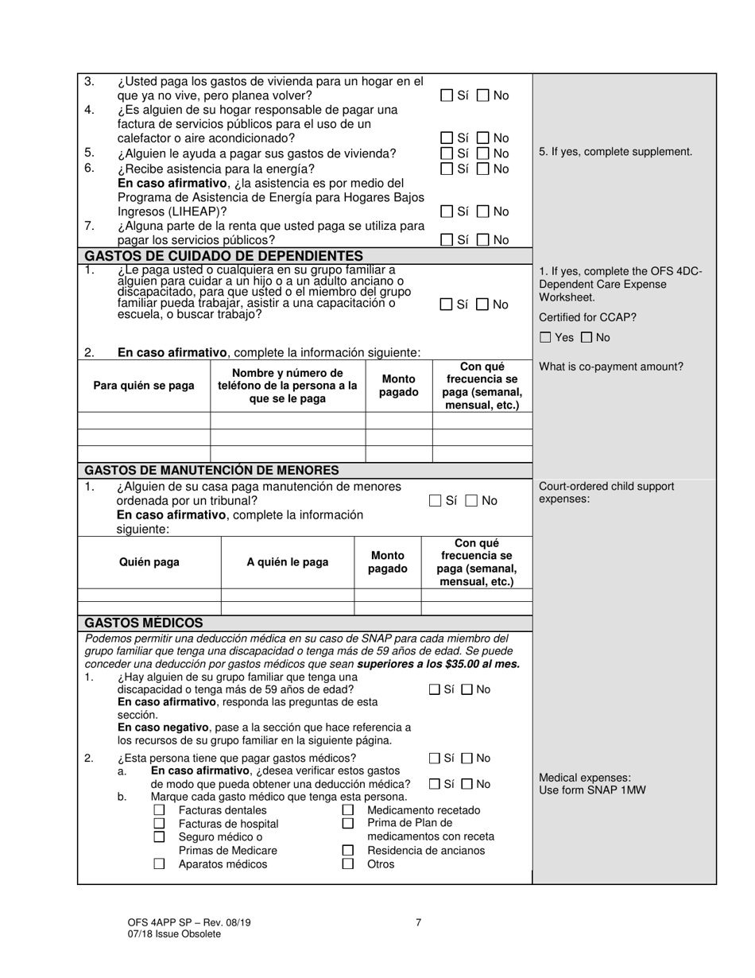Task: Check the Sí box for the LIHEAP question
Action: tap(447, 212)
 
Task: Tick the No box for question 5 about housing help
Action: tap(483, 153)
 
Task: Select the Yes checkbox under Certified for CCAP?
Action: tap(545, 337)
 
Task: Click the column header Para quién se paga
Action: tap(144, 386)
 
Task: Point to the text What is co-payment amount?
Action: tap(610, 367)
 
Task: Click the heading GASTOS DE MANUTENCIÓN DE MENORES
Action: tap(211, 470)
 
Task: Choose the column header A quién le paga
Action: tap(287, 562)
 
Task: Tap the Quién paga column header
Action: tap(149, 562)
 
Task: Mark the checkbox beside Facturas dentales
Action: tap(159, 810)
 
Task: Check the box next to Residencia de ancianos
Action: tap(347, 850)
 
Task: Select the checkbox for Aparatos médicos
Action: tap(159, 864)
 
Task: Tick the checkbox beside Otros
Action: tap(347, 864)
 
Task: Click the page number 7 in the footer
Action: tap(418, 922)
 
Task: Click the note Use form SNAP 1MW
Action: tap(592, 790)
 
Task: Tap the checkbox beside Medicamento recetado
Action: tap(347, 810)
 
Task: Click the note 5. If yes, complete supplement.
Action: tap(615, 151)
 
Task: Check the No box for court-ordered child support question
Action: tap(471, 501)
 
